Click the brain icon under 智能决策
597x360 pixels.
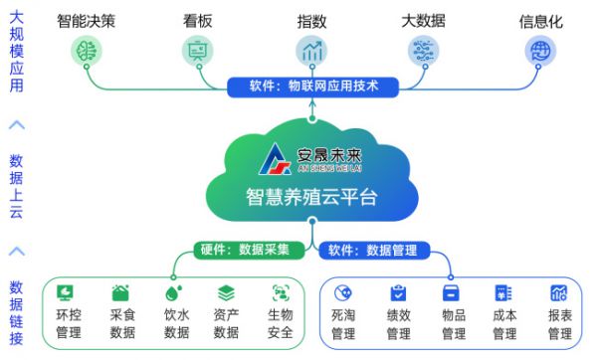coord(87,50)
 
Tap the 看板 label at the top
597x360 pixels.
coord(198,20)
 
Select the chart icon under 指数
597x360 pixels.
coord(312,50)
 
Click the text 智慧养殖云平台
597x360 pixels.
coord(312,196)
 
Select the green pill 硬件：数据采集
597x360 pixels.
coord(245,250)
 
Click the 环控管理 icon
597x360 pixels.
coord(69,293)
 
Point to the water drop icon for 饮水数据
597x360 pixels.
coord(175,293)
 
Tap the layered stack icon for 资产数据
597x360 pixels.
coord(227,293)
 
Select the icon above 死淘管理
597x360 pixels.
coord(343,293)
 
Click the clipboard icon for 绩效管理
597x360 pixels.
coord(398,293)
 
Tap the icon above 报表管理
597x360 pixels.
coord(559,293)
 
